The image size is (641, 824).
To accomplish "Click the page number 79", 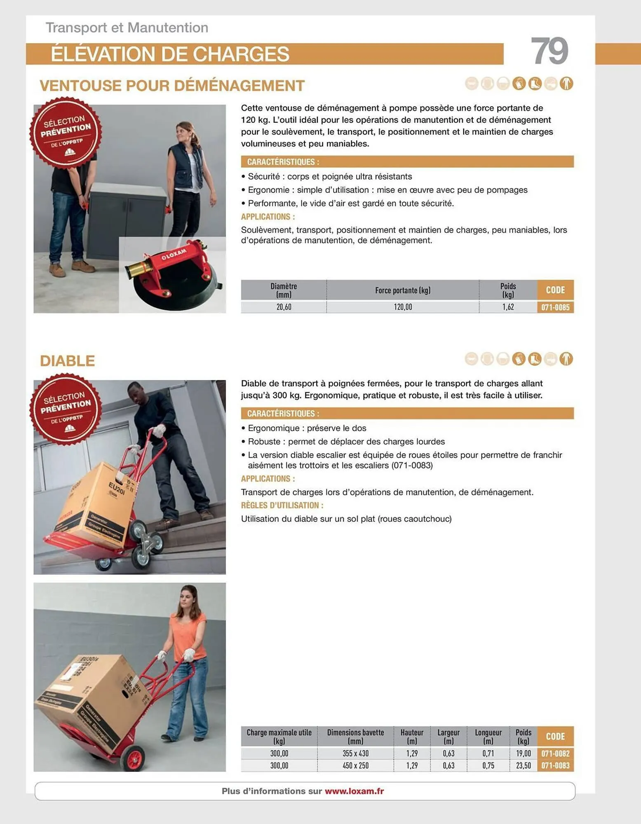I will (x=549, y=51).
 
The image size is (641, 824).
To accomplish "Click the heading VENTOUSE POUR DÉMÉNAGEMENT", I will (x=172, y=86).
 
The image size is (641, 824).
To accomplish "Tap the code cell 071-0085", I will (x=555, y=307).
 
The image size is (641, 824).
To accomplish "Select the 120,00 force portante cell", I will (x=402, y=307).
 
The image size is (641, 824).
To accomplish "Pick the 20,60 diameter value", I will (x=284, y=307).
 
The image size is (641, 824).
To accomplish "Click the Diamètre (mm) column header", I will (x=284, y=290).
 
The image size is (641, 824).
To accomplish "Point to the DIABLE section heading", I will (x=67, y=361).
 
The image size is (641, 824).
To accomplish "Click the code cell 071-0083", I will (x=555, y=765).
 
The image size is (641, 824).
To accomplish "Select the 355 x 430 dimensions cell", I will (x=355, y=753).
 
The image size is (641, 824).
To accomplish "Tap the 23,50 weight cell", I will (x=523, y=765).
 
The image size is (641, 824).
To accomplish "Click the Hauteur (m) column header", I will (x=412, y=736).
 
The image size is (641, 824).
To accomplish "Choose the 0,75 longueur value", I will (x=488, y=765).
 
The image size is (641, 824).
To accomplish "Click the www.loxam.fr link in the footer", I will (x=354, y=791).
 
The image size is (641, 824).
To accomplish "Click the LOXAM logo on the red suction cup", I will (x=174, y=254).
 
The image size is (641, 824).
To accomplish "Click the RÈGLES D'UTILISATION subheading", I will (x=282, y=505).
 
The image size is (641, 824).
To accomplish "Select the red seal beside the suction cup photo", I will (x=66, y=133).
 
